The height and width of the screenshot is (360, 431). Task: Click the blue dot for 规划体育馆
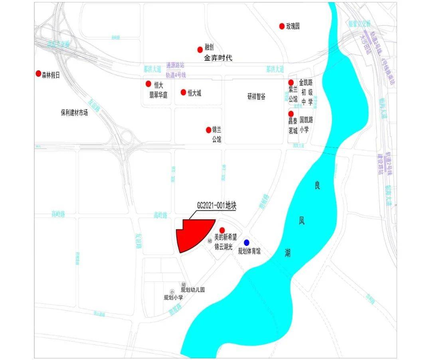247,242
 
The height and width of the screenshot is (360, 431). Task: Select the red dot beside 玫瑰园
282,26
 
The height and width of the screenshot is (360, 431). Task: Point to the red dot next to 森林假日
38,73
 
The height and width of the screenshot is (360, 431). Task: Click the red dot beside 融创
200,49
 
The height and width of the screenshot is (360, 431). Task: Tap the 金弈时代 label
218,58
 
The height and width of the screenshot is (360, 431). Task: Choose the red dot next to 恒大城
183,92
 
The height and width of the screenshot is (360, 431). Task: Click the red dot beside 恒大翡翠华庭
148,84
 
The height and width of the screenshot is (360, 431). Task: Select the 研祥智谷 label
256,97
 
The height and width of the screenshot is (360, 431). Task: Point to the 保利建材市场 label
74,113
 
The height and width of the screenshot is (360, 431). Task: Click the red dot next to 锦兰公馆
208,130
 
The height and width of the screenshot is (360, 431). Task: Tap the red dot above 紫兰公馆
291,82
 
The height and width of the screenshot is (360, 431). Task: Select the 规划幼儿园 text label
193,290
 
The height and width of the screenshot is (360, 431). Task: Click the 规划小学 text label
174,297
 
